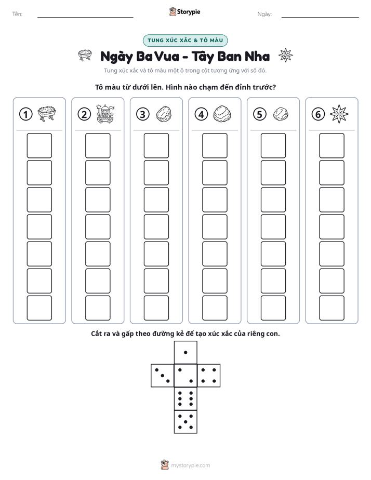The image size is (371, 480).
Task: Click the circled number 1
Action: point(25,114)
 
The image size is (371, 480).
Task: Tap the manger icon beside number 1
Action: point(47,114)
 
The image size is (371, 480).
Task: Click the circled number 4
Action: point(201,114)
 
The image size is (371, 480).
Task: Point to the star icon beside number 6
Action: point(339,114)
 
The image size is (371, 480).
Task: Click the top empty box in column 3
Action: point(156,145)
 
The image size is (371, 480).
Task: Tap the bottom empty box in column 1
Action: point(39,308)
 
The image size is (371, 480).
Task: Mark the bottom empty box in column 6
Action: point(332,308)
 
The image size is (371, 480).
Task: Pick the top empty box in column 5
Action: point(273,145)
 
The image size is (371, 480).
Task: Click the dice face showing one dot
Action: point(186,353)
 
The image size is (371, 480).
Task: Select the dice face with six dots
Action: point(186,398)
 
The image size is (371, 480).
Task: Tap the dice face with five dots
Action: point(186,421)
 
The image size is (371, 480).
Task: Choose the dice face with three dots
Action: point(163,376)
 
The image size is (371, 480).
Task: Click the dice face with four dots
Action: point(209,376)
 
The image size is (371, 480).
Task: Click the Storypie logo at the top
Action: point(185,12)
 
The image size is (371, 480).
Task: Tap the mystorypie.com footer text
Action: point(190,465)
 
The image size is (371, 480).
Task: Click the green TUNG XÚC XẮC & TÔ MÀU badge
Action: point(185,41)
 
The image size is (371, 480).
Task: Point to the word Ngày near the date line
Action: point(264,14)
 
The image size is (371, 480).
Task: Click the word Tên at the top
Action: point(17,14)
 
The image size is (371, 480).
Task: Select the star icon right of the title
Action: point(286,55)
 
